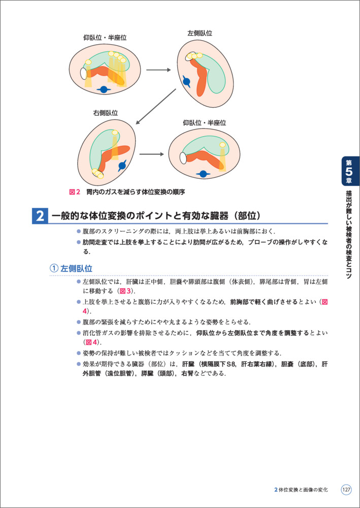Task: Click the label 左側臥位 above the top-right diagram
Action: (x=200, y=33)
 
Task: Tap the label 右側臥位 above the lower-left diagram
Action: (x=106, y=113)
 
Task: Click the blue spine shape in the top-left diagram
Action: (x=104, y=89)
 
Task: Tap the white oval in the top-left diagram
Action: (x=83, y=74)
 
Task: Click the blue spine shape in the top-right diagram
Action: (x=186, y=81)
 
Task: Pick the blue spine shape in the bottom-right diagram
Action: (x=203, y=174)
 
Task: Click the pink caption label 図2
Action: (x=75, y=192)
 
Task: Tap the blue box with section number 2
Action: (x=40, y=216)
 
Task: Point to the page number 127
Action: (x=346, y=490)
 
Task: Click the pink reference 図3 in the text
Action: (x=125, y=291)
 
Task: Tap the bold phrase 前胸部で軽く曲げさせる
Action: (x=264, y=302)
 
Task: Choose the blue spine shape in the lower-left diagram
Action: (x=122, y=166)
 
